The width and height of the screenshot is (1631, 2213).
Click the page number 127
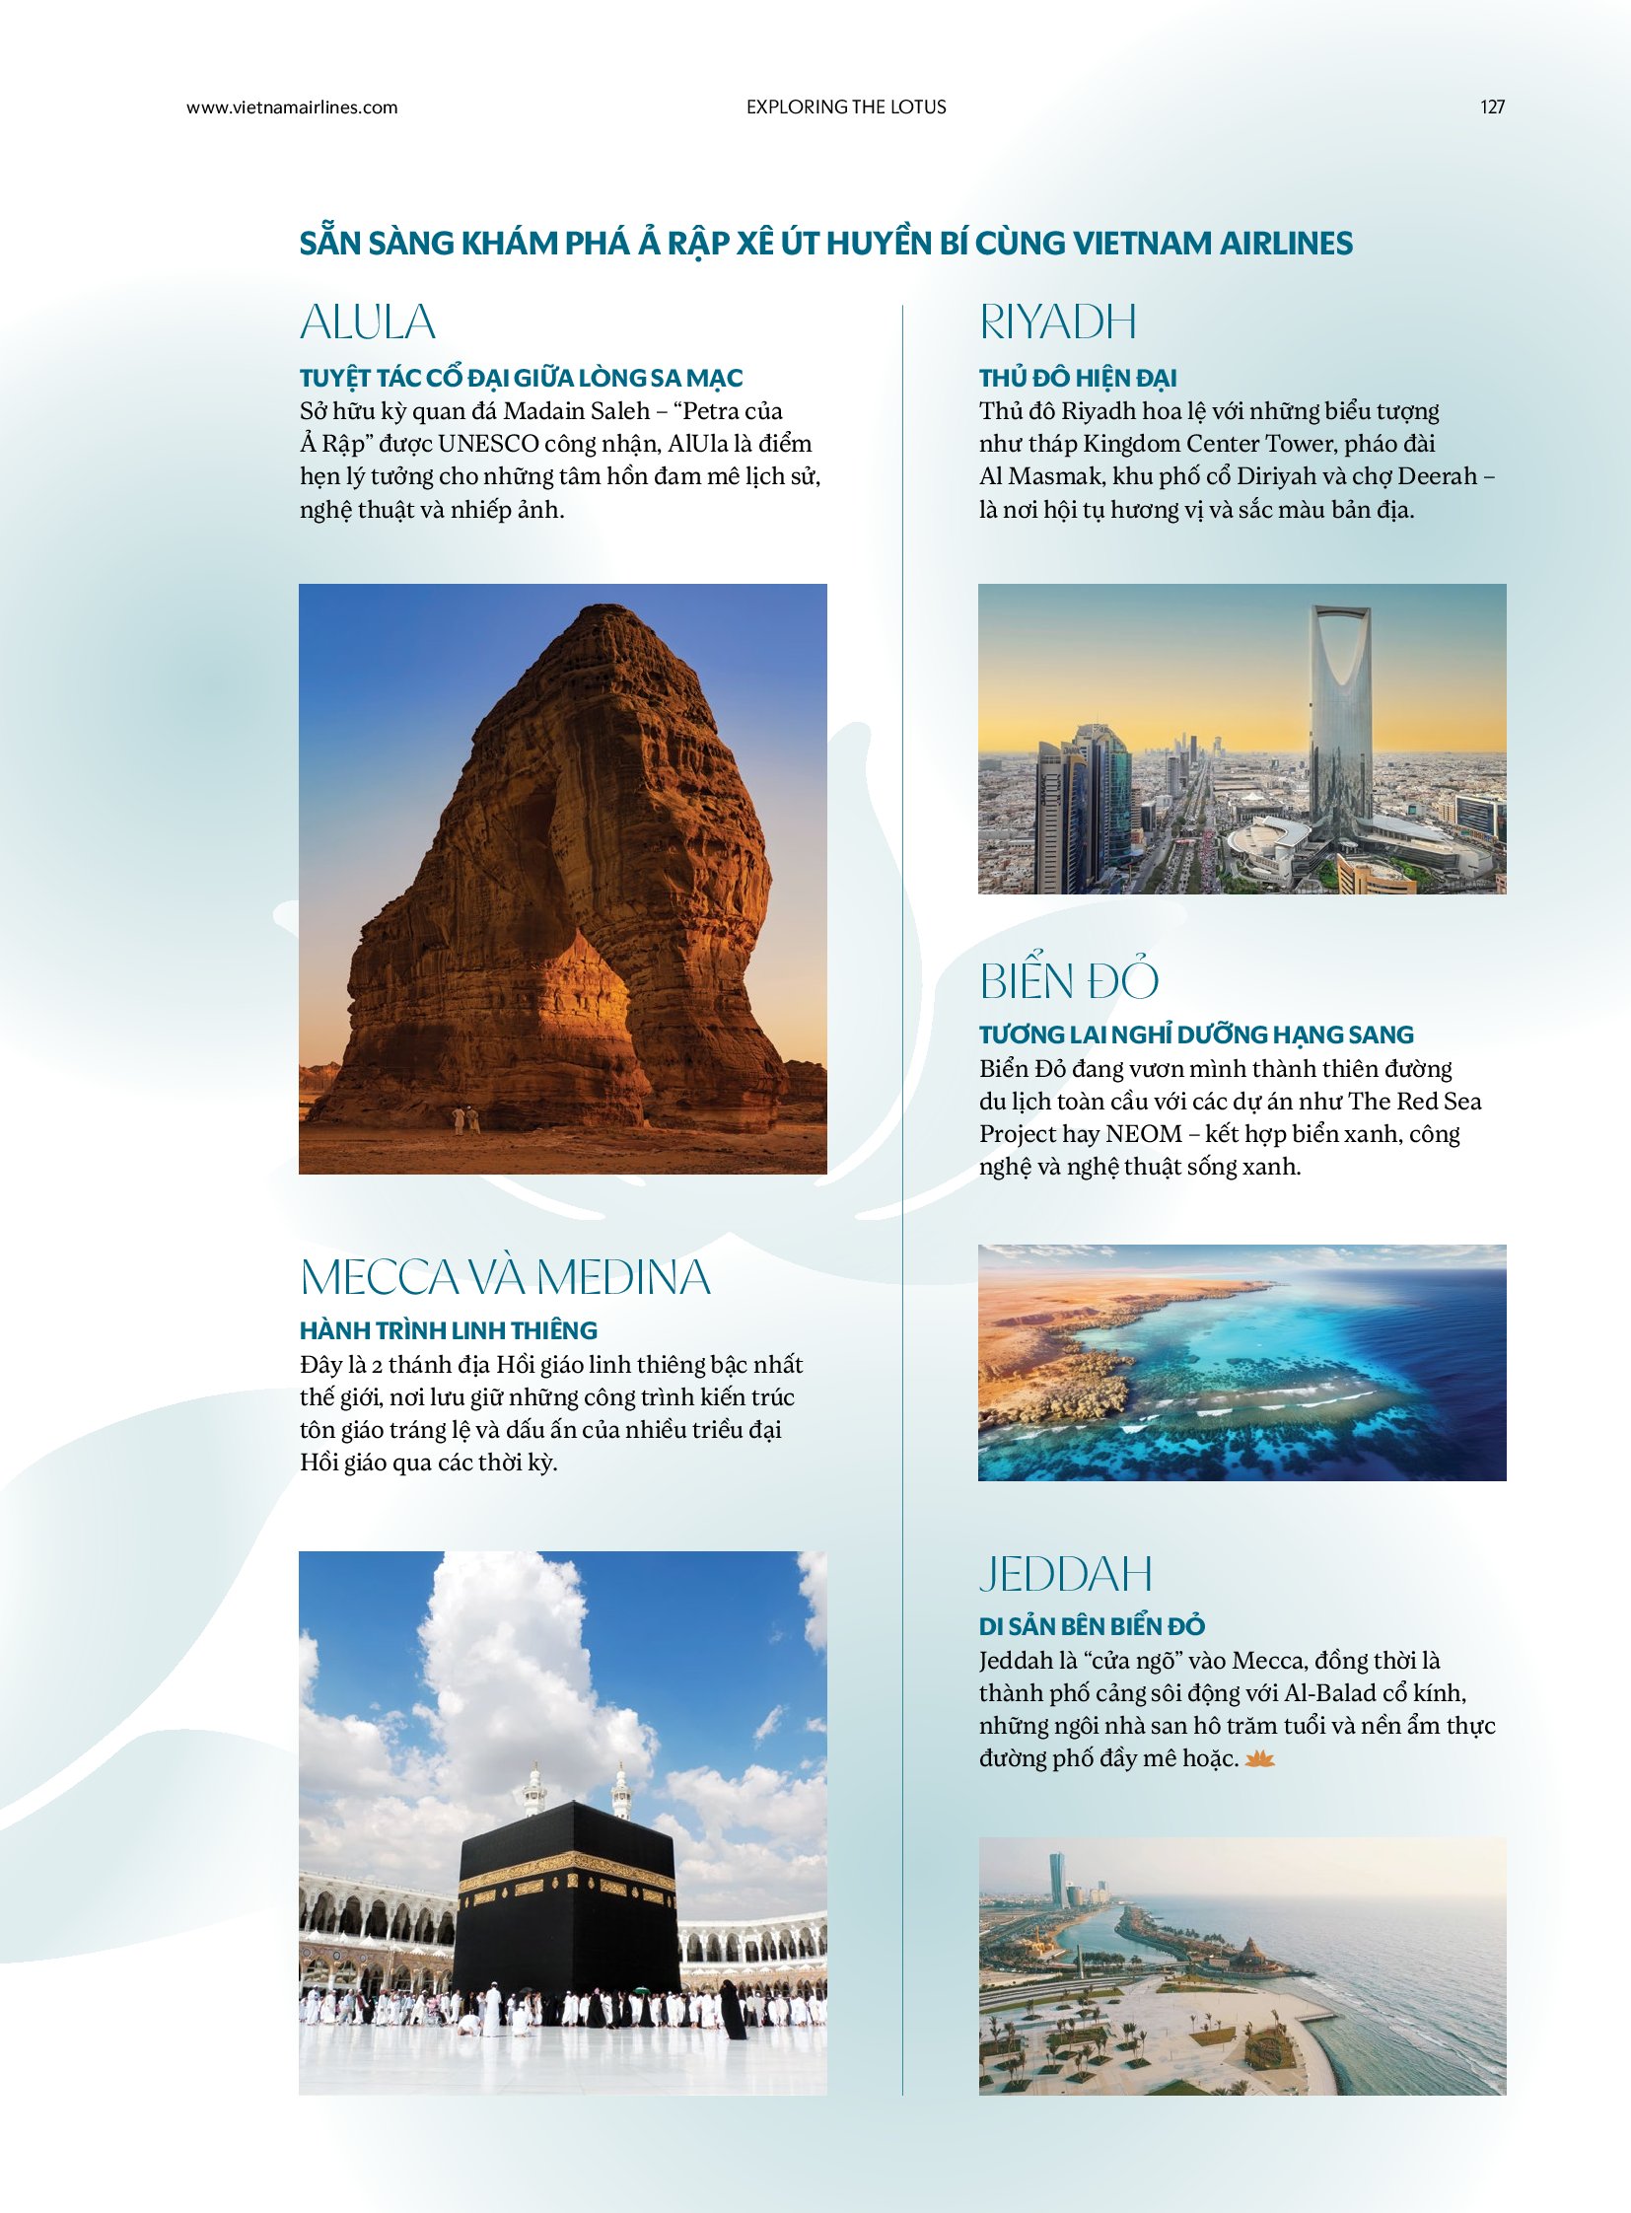click(1492, 107)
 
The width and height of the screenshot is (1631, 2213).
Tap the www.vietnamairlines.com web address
click(292, 107)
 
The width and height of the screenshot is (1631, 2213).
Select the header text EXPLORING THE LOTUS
click(846, 107)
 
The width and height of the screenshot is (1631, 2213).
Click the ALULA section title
click(367, 321)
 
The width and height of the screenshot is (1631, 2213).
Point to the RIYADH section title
click(1057, 321)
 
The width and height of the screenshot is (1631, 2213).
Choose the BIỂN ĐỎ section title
click(1068, 980)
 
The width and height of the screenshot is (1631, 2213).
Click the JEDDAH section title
click(1065, 1574)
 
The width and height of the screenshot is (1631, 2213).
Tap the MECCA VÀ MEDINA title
click(505, 1277)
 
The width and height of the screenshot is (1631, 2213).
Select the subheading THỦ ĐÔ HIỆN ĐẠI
click(1077, 379)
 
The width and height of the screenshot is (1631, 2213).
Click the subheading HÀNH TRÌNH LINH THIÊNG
click(449, 1330)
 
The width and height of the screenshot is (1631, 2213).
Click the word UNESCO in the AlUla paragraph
click(488, 444)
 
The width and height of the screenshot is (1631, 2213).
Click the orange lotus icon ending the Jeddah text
click(1260, 1758)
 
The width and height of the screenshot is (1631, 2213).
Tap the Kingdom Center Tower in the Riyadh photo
click(1341, 721)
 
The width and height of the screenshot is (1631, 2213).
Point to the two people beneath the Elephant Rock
click(465, 1120)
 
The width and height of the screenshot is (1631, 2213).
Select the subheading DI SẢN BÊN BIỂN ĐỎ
click(1091, 1626)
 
